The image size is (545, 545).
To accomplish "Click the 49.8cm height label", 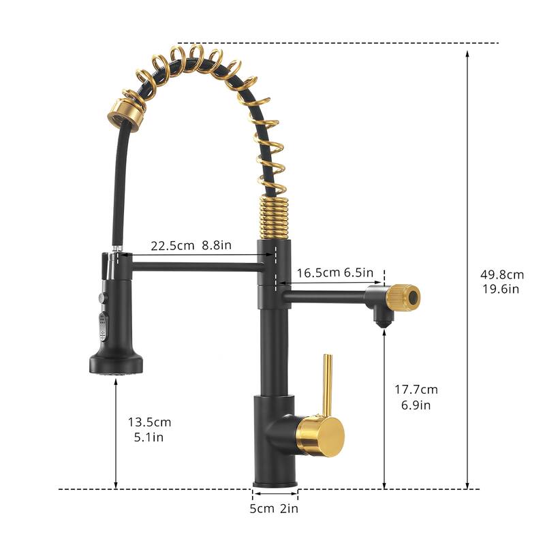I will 502,275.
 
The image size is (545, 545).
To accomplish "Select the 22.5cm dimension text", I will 172,246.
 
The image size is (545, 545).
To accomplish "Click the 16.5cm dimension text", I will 317,272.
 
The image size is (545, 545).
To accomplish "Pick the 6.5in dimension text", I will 358,272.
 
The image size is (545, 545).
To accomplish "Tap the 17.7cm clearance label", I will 416,390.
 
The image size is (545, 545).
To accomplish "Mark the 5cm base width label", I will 263,508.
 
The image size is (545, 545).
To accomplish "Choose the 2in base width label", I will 289,508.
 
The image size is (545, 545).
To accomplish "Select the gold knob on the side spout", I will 403,298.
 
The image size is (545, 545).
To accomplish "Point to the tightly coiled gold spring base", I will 275,217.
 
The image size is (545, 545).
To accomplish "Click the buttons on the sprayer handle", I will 103,317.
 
